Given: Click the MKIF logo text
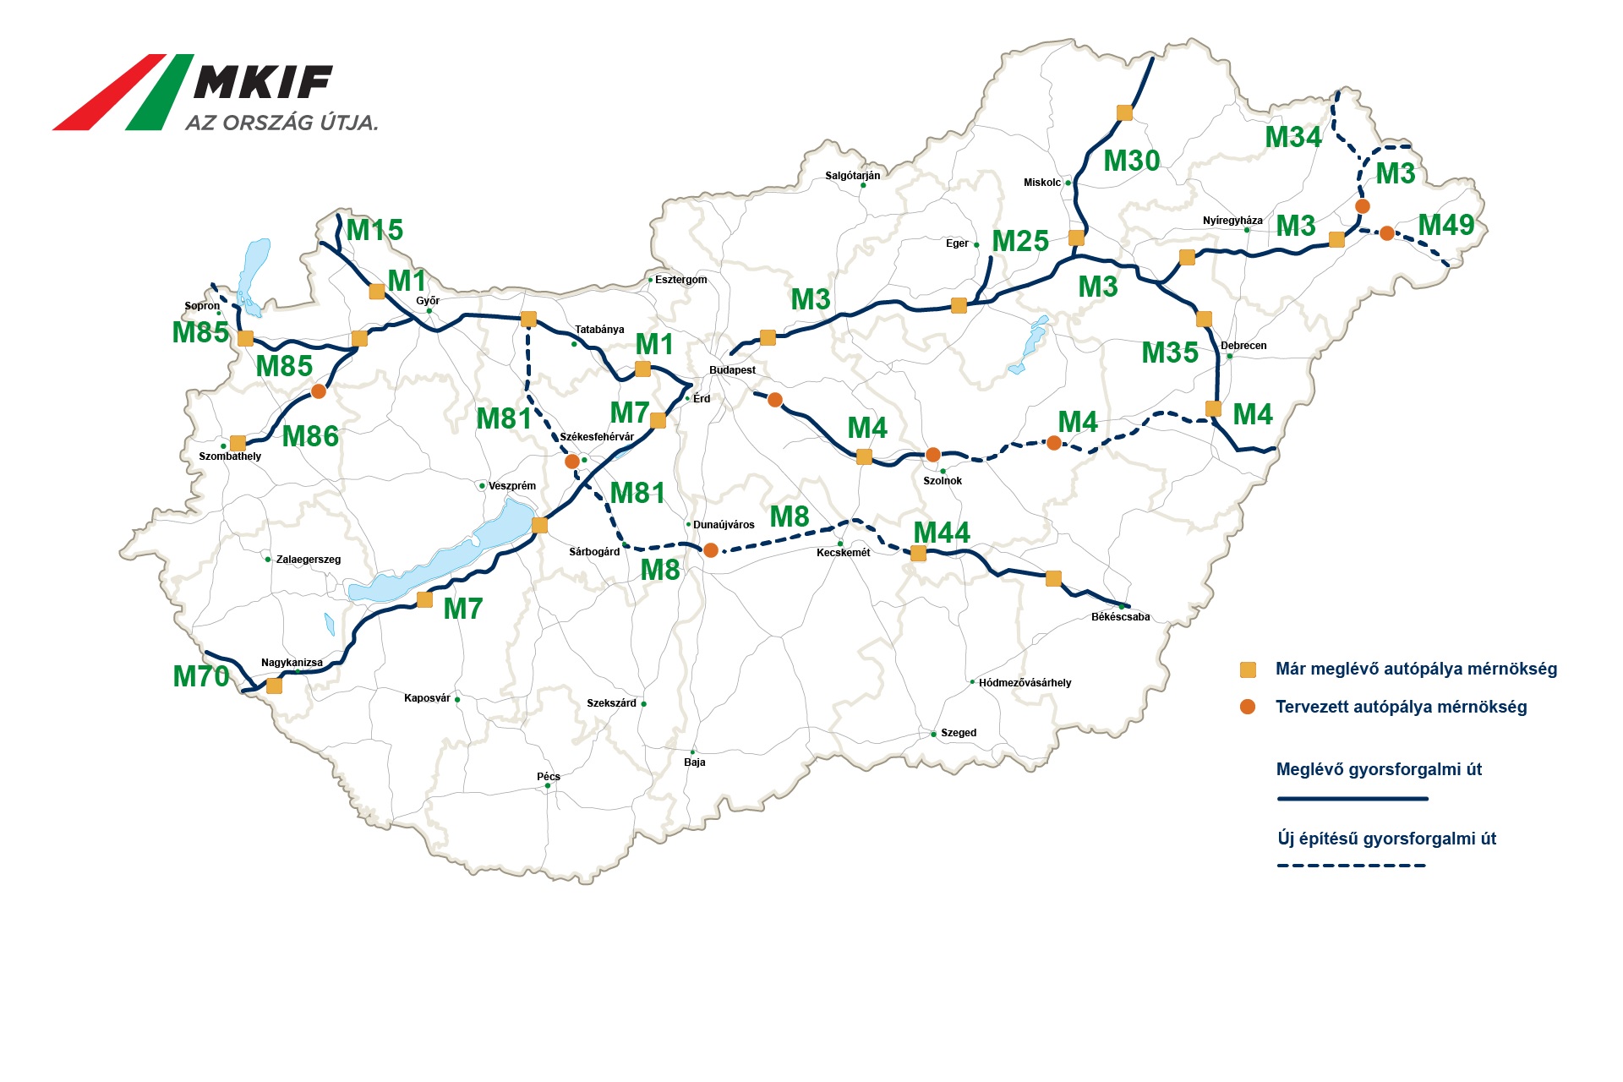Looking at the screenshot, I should [263, 83].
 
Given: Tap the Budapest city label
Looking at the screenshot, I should [732, 370].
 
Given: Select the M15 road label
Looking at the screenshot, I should [374, 230].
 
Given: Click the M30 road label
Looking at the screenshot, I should [1132, 161].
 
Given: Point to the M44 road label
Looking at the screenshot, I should [942, 533].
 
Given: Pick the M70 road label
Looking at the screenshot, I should [201, 676].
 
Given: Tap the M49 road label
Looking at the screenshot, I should [1446, 225].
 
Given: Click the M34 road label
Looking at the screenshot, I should [1293, 137].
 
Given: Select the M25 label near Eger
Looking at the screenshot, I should [1020, 242].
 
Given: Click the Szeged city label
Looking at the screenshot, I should [959, 733].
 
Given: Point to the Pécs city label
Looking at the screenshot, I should [548, 776].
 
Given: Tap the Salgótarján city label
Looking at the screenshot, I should [852, 176].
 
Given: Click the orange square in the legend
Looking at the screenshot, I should [1248, 669].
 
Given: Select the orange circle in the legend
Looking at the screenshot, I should [1248, 707].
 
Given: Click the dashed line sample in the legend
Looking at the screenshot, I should [1352, 866].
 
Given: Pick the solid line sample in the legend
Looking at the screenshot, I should [1352, 798].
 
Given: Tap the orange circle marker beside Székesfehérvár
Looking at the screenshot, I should [572, 462].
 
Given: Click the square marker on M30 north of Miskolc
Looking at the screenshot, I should [1124, 112].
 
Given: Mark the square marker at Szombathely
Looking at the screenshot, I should [238, 443].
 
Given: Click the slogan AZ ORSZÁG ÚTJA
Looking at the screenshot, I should [281, 123].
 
